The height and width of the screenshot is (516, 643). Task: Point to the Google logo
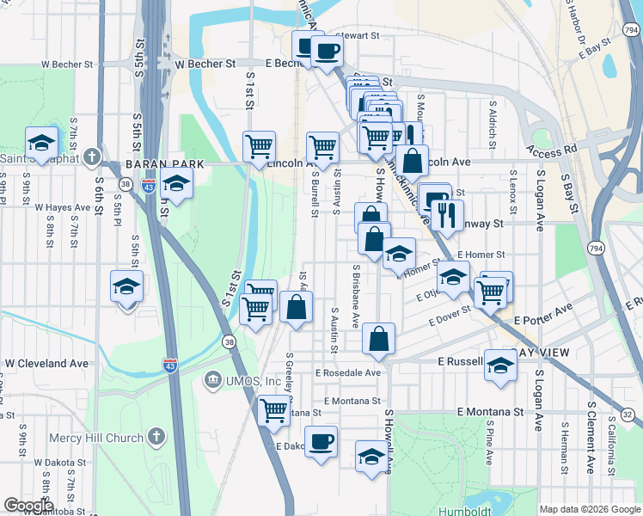click(28, 506)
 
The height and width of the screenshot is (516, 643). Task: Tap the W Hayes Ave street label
click(62, 207)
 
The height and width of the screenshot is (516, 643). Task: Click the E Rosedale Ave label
click(347, 373)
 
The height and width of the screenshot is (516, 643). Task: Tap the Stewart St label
click(359, 36)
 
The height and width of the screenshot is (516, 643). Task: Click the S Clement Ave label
click(591, 437)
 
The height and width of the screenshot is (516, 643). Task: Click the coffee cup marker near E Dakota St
click(321, 443)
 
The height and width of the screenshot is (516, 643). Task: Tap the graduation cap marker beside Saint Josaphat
click(40, 144)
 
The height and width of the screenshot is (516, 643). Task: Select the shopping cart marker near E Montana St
click(273, 411)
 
